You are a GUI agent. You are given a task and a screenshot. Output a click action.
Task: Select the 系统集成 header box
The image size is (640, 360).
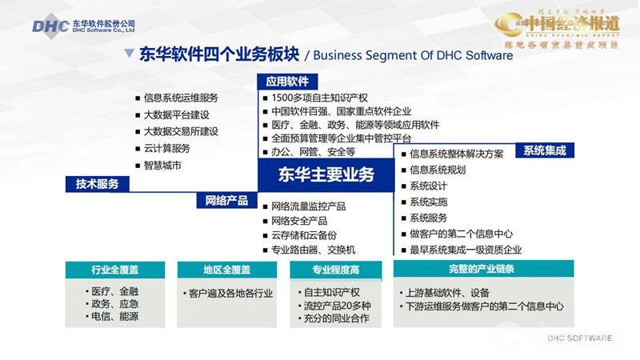pyautogui.click(x=543, y=150)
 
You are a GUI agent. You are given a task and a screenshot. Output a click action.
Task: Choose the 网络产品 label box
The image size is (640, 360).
pyautogui.click(x=226, y=201)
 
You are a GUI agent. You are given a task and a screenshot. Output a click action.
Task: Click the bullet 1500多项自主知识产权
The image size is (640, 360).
pyautogui.click(x=315, y=98)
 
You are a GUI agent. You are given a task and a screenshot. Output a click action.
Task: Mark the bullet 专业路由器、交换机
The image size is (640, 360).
pyautogui.click(x=313, y=250)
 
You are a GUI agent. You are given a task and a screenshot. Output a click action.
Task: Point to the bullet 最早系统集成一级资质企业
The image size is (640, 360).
pyautogui.click(x=465, y=250)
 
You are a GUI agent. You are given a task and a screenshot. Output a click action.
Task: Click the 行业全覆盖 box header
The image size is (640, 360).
pyautogui.click(x=111, y=270)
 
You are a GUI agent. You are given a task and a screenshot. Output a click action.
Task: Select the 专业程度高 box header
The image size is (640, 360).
pyautogui.click(x=335, y=270)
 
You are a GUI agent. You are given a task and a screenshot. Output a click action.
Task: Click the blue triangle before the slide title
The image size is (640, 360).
pyautogui.click(x=129, y=54)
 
